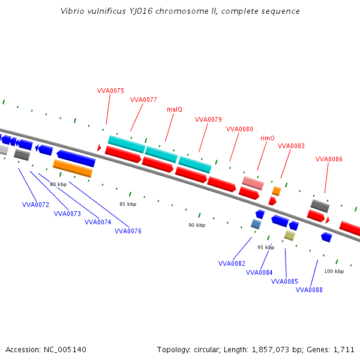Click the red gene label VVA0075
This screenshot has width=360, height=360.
click(x=110, y=91)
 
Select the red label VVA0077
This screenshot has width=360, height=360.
click(x=143, y=100)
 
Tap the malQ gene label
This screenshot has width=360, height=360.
click(x=175, y=109)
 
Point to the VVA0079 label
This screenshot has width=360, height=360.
click(x=208, y=119)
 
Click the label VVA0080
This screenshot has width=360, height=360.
click(x=239, y=129)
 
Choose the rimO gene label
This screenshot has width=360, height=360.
click(x=268, y=138)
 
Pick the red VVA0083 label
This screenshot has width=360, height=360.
click(x=291, y=146)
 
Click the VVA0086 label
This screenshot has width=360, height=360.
click(x=329, y=159)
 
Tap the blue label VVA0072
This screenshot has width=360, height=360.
click(x=35, y=205)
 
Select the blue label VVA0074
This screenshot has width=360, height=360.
click(x=98, y=222)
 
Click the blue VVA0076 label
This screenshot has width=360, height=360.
click(x=128, y=231)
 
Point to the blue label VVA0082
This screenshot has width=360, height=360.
click(x=232, y=263)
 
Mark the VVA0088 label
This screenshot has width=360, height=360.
click(x=309, y=290)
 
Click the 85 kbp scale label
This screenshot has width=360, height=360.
click(x=128, y=204)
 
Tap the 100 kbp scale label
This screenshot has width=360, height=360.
click(x=334, y=271)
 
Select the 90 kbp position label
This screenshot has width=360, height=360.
click(x=197, y=225)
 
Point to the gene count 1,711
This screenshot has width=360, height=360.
click(x=343, y=349)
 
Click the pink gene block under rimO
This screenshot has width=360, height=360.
click(x=253, y=183)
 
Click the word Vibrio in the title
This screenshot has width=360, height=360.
click(x=73, y=11)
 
